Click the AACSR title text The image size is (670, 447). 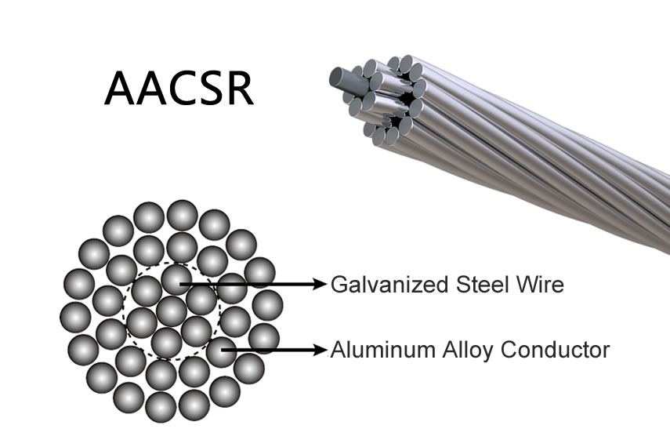(x=179, y=88)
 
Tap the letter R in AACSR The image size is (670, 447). (x=240, y=88)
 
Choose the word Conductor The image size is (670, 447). (x=555, y=350)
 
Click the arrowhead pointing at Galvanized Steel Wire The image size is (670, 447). (x=321, y=284)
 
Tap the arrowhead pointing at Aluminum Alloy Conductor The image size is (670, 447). (x=321, y=350)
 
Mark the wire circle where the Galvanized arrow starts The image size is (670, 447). (x=176, y=280)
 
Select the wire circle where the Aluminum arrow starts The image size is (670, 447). (x=221, y=351)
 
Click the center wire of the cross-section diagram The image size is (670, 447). (x=172, y=311)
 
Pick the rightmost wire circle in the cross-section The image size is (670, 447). (x=267, y=305)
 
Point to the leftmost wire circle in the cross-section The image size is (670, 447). (x=76, y=317)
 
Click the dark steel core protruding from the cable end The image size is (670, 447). (x=343, y=79)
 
